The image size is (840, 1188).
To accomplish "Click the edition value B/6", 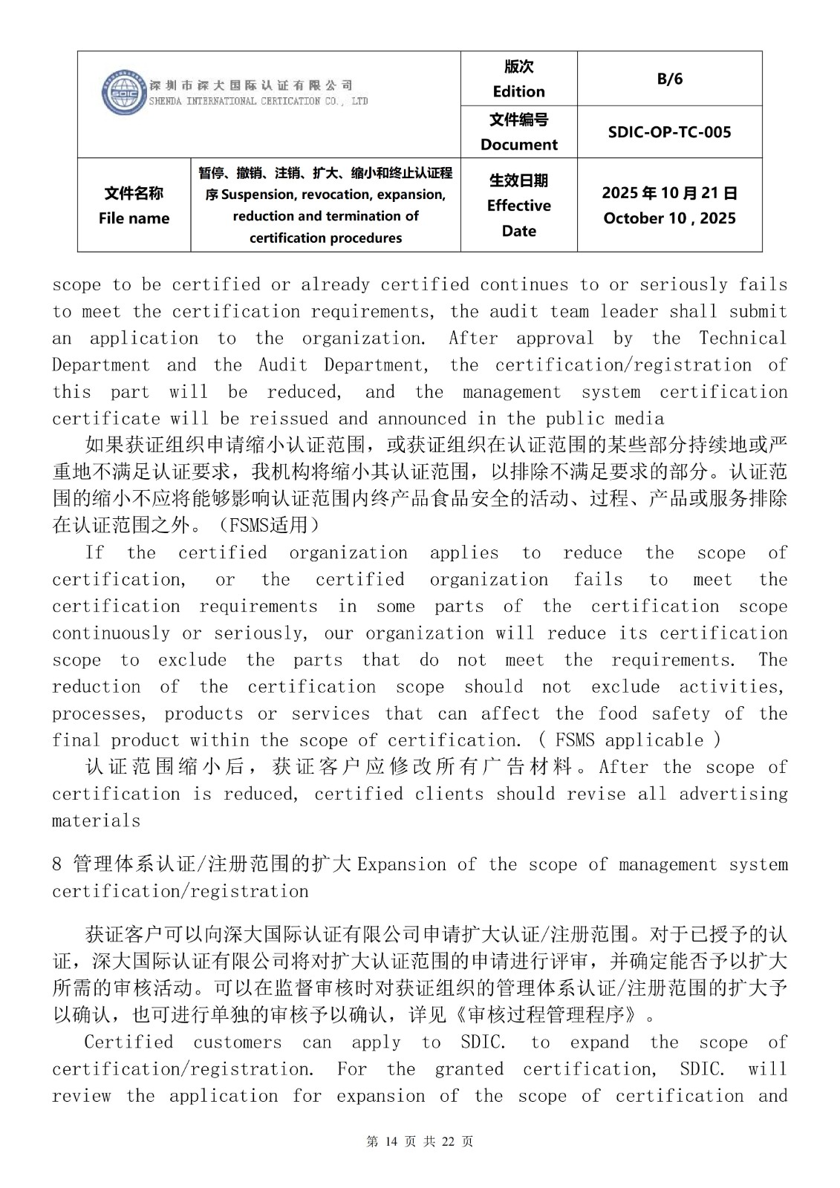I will pyautogui.click(x=669, y=79).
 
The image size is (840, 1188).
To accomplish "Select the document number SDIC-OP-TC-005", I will pyautogui.click(x=669, y=132).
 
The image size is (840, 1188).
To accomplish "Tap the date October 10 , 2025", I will pyautogui.click(x=669, y=218).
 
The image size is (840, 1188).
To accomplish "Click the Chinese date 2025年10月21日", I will pyautogui.click(x=669, y=193).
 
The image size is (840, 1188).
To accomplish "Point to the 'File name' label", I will pyautogui.click(x=134, y=218).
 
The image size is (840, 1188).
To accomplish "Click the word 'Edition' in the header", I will pyautogui.click(x=518, y=91).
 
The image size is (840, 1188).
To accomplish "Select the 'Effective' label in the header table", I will pyautogui.click(x=518, y=206).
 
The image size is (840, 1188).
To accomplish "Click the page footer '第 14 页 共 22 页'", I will pyautogui.click(x=420, y=1141).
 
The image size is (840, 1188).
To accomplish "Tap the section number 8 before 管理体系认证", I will pyautogui.click(x=57, y=864).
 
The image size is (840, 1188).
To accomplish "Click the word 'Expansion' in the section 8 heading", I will pyautogui.click(x=402, y=864).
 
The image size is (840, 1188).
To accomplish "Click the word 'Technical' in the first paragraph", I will pyautogui.click(x=743, y=339).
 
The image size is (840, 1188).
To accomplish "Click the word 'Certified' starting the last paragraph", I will pyautogui.click(x=128, y=1042).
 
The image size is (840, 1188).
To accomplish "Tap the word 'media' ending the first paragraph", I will pyautogui.click(x=640, y=419).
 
